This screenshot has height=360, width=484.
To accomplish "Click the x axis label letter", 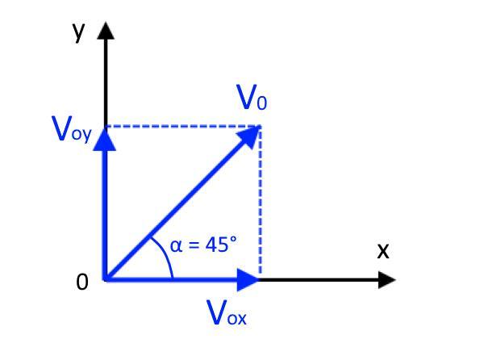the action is pos(382,251).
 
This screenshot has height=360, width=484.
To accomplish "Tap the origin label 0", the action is pos(81,283).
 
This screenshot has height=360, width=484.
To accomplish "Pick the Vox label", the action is pos(227,313).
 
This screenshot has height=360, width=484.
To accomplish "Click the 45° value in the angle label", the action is pos(219,244).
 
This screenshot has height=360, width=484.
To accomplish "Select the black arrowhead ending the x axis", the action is pos(387,280).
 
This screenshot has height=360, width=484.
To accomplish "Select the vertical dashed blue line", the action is pos(260,202).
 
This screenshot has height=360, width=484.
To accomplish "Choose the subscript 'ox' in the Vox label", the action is pos(236,317).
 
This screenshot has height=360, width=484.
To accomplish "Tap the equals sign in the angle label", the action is pos(194,245).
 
